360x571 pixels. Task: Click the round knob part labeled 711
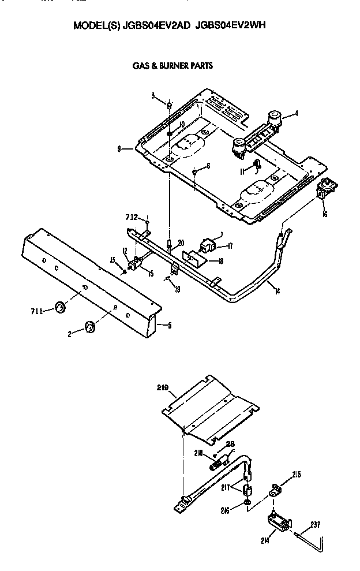[59, 307]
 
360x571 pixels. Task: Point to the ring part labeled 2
[89, 327]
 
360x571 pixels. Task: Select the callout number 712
[132, 217]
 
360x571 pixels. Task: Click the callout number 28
[231, 443]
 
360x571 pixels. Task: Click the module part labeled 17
[207, 244]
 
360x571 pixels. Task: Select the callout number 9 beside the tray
[118, 148]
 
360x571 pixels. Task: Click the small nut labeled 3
[169, 105]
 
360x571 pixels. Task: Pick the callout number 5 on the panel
[169, 325]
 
